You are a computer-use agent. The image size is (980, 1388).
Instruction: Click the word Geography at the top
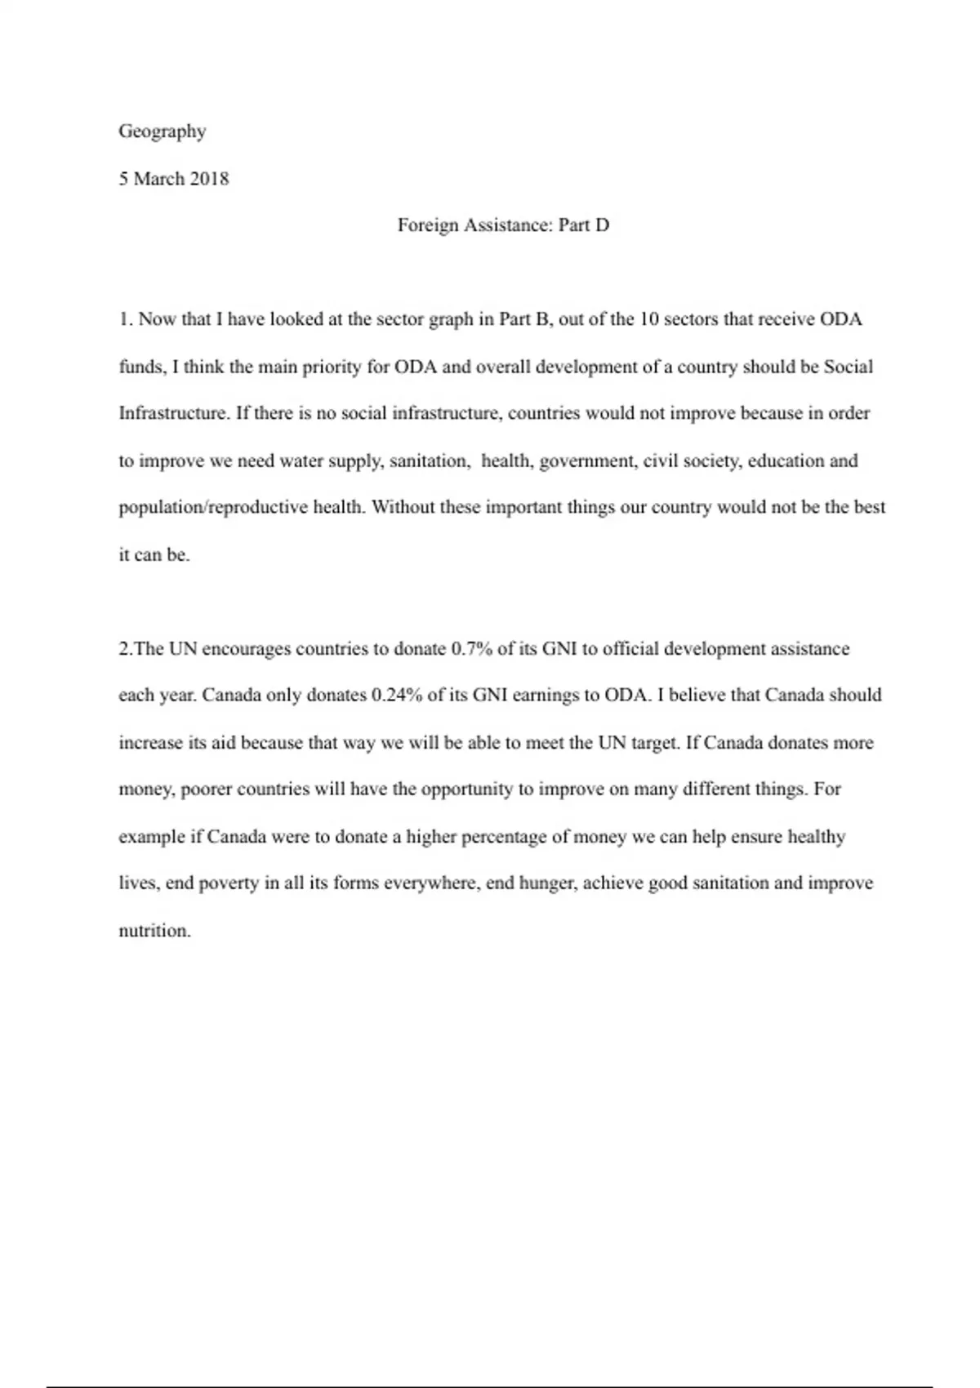coord(162,131)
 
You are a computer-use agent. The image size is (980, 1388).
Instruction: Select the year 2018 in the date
coord(209,179)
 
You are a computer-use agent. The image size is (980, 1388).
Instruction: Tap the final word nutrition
coord(154,931)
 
